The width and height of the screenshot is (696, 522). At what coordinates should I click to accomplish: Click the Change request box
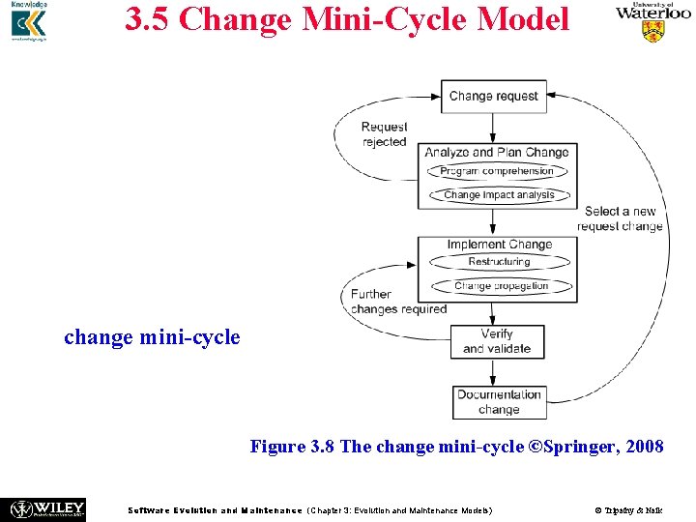click(493, 96)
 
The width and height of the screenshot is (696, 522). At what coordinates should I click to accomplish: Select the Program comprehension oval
click(497, 171)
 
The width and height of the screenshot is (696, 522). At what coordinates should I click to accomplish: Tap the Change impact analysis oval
click(499, 194)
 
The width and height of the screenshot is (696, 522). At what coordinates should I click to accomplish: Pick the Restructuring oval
click(499, 262)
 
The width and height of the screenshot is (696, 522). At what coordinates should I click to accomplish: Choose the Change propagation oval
click(501, 286)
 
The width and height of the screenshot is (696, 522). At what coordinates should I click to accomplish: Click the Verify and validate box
click(497, 341)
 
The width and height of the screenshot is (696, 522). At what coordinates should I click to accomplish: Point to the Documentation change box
click(499, 402)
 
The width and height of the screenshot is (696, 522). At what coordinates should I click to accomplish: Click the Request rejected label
click(384, 134)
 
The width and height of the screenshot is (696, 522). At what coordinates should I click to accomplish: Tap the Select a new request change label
click(620, 218)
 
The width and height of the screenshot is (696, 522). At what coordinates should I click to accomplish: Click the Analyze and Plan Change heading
click(497, 152)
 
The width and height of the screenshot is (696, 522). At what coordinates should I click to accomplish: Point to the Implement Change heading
click(499, 245)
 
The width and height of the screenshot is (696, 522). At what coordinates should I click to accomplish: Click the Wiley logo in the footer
click(46, 508)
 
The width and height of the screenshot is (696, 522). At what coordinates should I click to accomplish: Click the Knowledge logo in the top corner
click(28, 23)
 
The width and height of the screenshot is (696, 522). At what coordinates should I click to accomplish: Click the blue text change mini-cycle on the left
click(152, 337)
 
